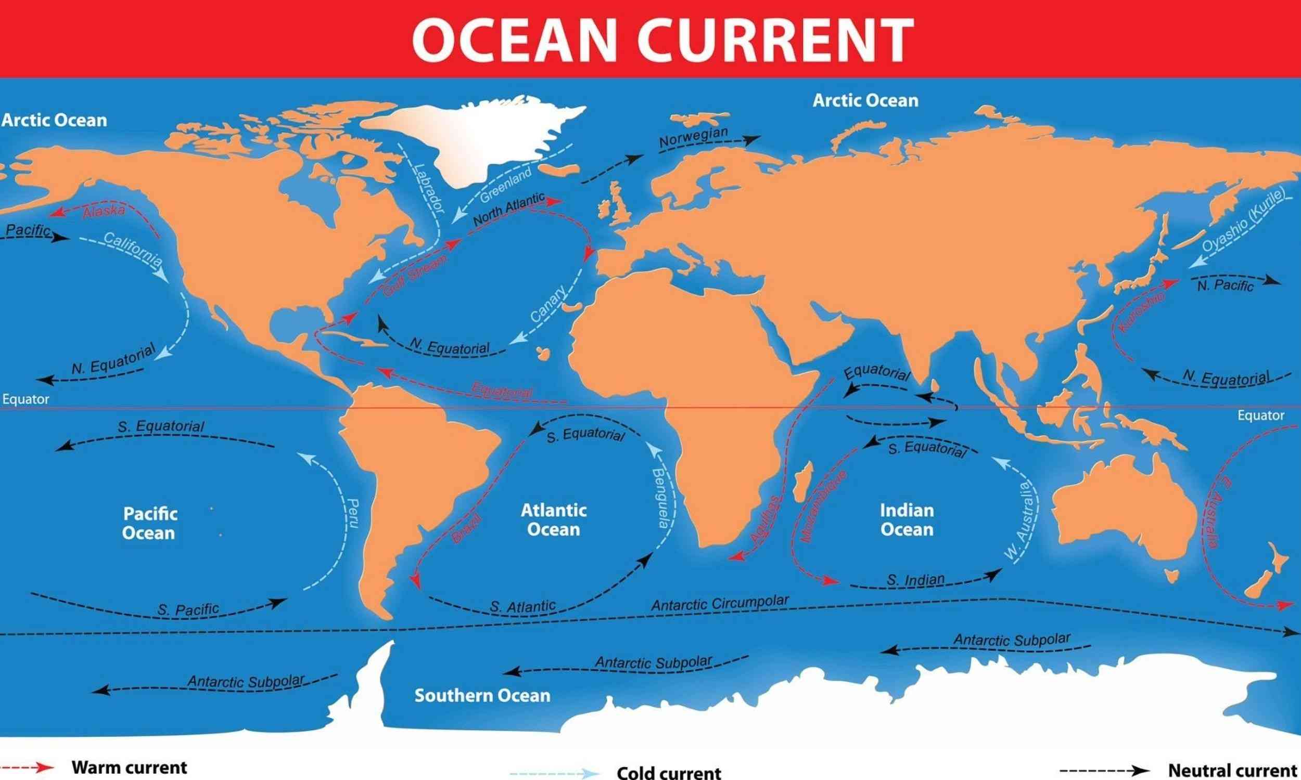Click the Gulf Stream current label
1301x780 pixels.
[x=416, y=276]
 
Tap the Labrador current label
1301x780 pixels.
[x=429, y=188]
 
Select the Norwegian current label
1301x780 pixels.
[x=693, y=137]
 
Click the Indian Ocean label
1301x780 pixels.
[x=907, y=520]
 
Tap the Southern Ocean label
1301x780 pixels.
[x=482, y=696]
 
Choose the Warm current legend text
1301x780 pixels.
[x=129, y=768]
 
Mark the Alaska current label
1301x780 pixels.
[x=104, y=211]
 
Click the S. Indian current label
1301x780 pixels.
[x=915, y=580]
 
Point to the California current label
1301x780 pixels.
[x=133, y=248]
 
